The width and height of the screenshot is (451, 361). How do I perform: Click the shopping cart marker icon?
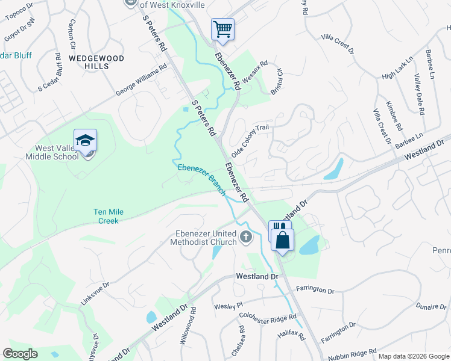tap(222, 29)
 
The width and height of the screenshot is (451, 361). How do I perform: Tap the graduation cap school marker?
tap(85, 140)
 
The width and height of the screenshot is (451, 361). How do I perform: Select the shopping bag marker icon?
tap(282, 240)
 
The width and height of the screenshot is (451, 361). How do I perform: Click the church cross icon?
tap(245, 236)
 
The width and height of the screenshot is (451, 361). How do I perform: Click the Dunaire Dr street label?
tap(431, 306)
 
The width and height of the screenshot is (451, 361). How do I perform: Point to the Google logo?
tap(20, 354)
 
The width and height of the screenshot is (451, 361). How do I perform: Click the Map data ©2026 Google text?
tap(414, 356)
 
